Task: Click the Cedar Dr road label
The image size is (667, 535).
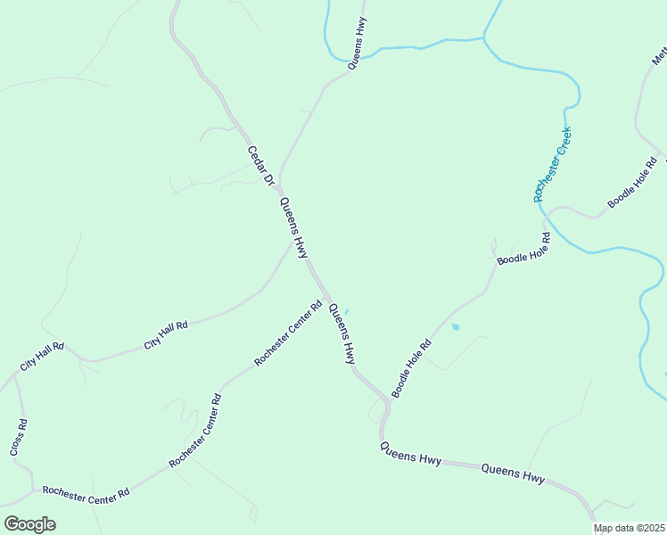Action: (x=259, y=166)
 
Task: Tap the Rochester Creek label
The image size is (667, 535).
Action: (x=553, y=165)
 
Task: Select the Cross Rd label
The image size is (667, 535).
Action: (x=19, y=436)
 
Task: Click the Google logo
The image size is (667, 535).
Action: (x=29, y=524)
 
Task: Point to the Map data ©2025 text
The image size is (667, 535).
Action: (x=630, y=529)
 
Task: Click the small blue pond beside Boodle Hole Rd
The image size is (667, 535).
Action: (x=456, y=327)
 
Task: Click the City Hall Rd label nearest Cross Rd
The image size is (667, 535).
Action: (x=41, y=357)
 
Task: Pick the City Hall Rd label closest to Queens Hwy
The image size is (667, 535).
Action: (x=166, y=335)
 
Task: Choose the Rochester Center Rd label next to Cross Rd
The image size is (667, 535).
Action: (x=86, y=492)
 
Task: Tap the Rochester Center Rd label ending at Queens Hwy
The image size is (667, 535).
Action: (x=287, y=333)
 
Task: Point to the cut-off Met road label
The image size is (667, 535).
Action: (x=659, y=57)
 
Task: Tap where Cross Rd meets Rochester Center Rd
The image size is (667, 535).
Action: (x=34, y=489)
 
